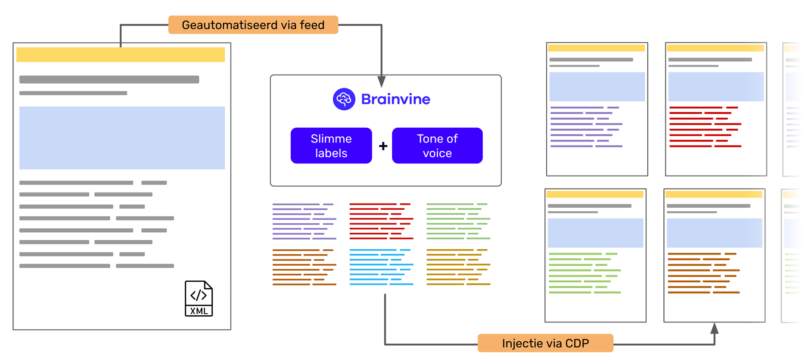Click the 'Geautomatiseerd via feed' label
point(253,25)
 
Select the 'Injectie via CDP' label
point(545,343)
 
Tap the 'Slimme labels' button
point(331,146)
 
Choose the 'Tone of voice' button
point(437,146)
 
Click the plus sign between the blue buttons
point(383,146)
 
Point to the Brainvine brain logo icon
point(344,99)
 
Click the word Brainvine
point(395,99)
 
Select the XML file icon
point(199,298)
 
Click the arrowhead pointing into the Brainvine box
point(381,82)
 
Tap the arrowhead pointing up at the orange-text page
point(714,328)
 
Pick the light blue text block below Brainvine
point(381,267)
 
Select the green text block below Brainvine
point(458,221)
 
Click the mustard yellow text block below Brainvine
point(458,267)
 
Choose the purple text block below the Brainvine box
point(304,221)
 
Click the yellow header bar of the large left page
point(121,54)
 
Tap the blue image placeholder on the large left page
point(122,138)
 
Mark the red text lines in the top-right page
point(705,126)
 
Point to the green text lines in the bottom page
point(584,273)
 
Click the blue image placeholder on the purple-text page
point(597,87)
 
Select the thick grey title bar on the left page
point(109,80)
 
